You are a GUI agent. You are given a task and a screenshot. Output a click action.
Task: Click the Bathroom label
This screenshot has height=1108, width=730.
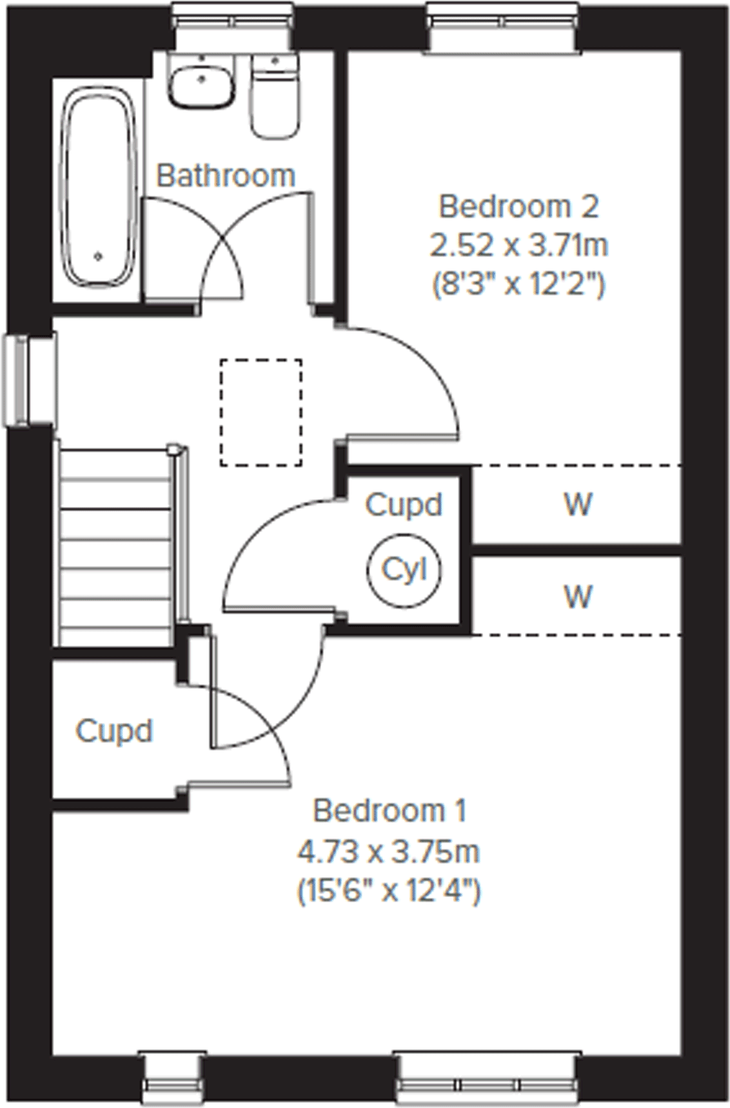tap(226, 175)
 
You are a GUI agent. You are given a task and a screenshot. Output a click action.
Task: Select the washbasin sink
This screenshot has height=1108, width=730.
tap(201, 81)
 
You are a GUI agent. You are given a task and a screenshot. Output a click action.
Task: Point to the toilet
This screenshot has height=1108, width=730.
tap(275, 97)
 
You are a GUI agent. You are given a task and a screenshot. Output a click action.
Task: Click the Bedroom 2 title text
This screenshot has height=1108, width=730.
tap(518, 207)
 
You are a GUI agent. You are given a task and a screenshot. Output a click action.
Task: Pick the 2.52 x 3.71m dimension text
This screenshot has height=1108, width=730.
tap(518, 245)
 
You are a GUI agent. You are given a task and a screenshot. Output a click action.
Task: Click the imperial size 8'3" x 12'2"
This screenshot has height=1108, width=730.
tap(518, 284)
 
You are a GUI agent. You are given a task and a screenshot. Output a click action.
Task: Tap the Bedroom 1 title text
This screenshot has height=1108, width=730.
tap(390, 811)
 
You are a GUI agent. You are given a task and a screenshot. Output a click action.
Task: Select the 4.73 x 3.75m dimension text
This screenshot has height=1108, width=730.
tap(388, 852)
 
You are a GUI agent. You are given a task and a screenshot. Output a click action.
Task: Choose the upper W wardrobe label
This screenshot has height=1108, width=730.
tap(578, 504)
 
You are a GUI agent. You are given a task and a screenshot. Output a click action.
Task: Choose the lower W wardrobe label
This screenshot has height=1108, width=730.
tap(578, 597)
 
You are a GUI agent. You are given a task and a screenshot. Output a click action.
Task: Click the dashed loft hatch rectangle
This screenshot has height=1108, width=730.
tap(261, 413)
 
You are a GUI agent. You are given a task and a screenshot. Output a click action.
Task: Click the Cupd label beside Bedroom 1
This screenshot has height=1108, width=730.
tap(114, 731)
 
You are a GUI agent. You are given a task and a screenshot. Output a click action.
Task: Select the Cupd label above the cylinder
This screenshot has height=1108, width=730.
tap(404, 505)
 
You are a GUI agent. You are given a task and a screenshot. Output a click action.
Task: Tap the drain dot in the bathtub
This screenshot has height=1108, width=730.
tap(98, 256)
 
